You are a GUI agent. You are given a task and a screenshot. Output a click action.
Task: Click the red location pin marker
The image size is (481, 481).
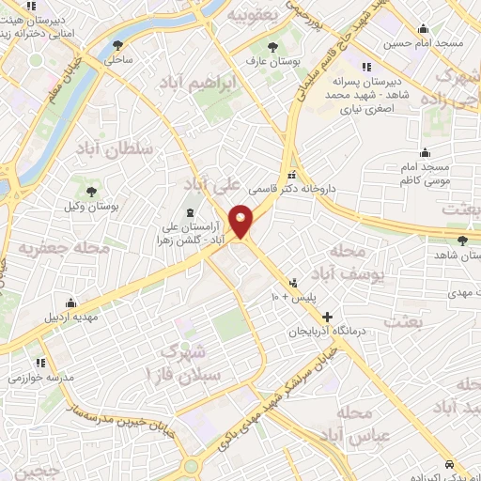tap(241, 220)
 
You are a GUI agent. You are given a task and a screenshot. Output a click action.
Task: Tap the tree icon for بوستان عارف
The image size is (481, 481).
tap(272, 47)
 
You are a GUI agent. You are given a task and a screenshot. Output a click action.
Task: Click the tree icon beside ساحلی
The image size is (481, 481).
tap(117, 44)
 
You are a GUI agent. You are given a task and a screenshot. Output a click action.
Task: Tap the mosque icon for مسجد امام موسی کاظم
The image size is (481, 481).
tap(426, 152)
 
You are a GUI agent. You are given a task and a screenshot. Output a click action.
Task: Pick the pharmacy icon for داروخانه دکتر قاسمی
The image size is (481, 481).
tap(293, 175)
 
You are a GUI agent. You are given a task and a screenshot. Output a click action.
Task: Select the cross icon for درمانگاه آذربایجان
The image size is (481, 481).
tap(327, 317)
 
